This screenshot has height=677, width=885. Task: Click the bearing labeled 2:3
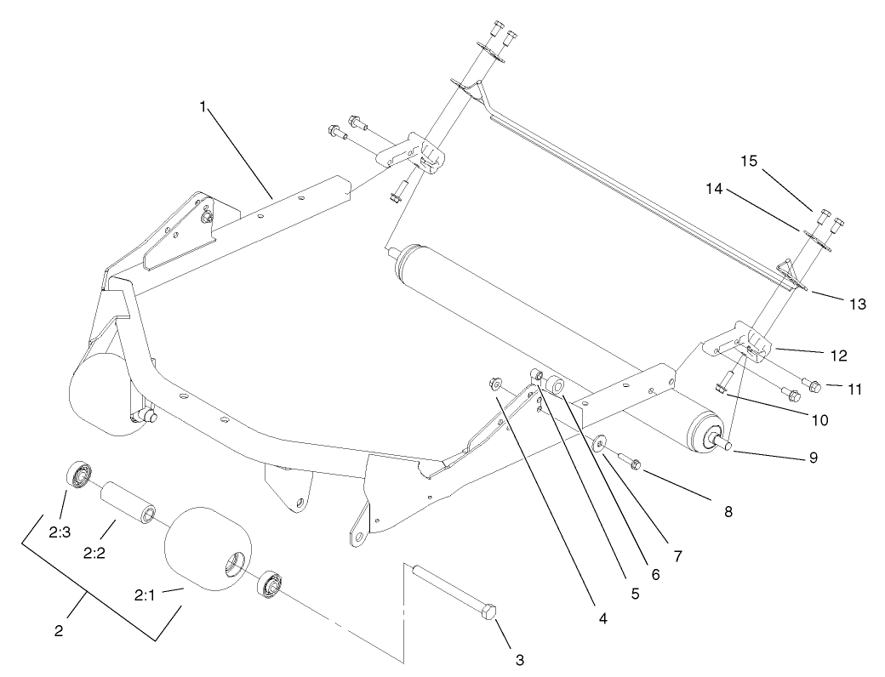(78, 474)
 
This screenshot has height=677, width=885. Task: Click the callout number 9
(813, 457)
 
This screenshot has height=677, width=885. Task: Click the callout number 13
(856, 304)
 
